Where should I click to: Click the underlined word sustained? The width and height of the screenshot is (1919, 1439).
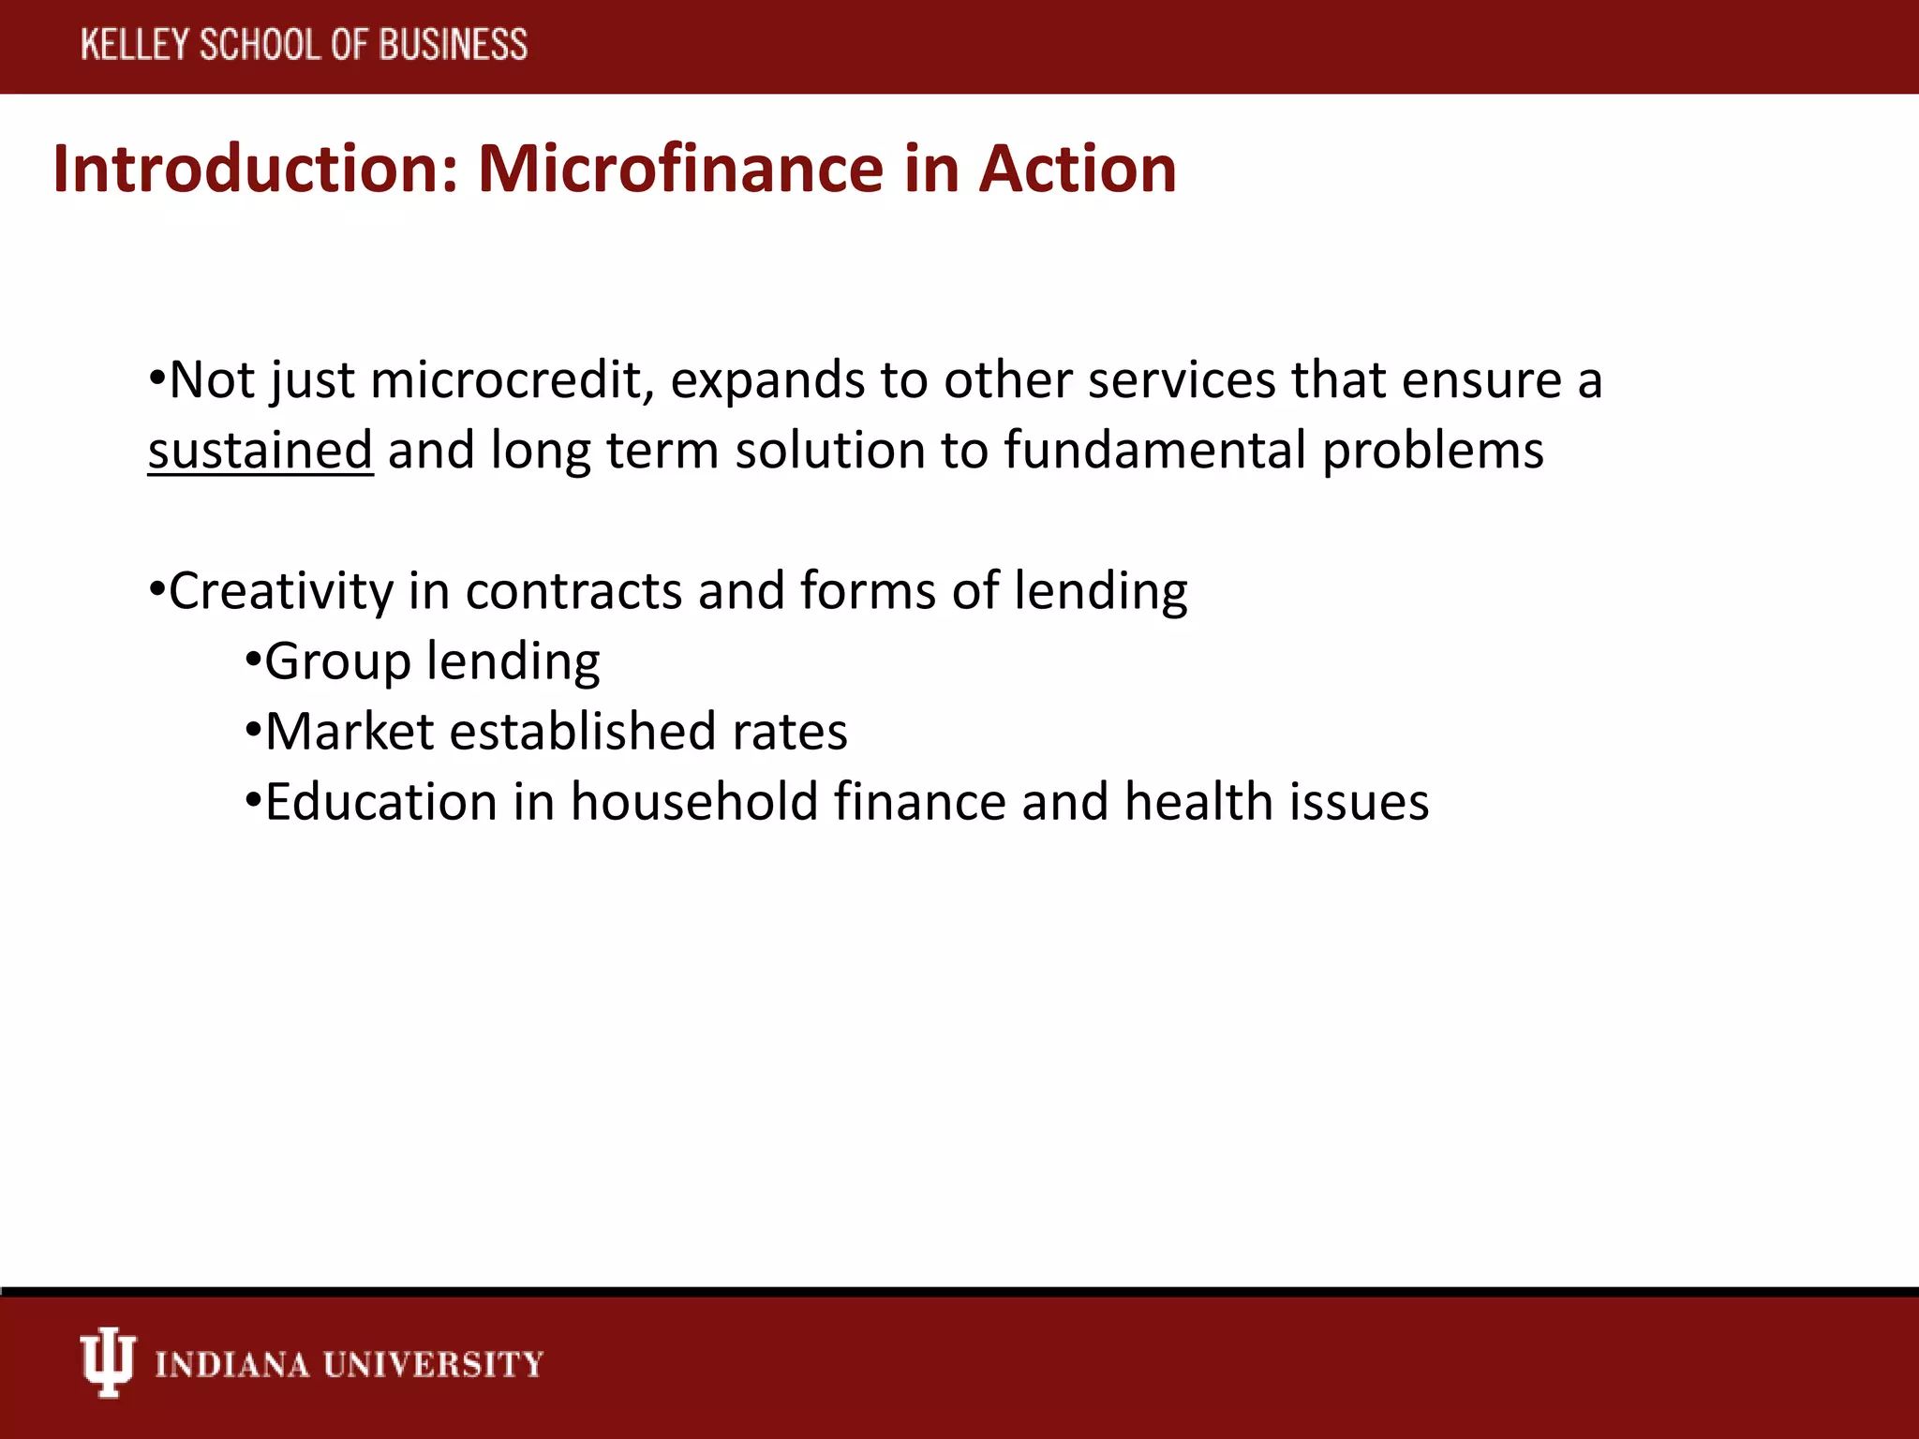click(260, 451)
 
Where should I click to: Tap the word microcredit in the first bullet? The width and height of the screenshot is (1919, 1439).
click(512, 380)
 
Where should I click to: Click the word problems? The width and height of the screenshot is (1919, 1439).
click(1433, 451)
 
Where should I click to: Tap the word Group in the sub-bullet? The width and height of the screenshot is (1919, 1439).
click(338, 661)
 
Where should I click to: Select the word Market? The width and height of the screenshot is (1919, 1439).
click(350, 732)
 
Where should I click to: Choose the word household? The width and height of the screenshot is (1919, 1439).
click(694, 802)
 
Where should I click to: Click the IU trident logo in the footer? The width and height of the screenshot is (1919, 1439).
click(108, 1362)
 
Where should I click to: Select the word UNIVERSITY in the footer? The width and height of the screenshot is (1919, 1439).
click(433, 1364)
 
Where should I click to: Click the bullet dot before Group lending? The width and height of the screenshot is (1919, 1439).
click(252, 661)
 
